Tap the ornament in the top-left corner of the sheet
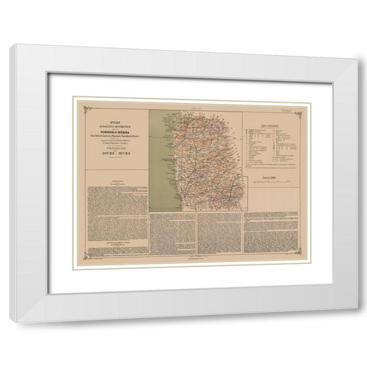click(86, 102)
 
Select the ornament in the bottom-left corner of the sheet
click(86, 257)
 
